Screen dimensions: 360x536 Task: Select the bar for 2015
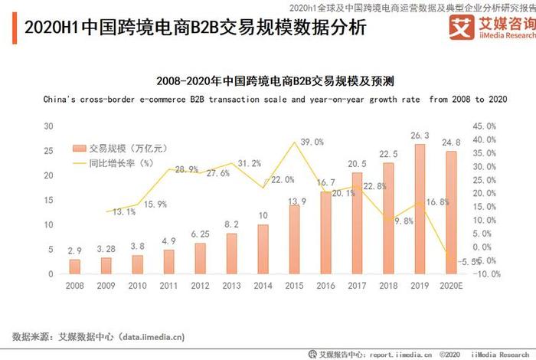coord(294,239)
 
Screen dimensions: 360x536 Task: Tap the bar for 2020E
coord(452,212)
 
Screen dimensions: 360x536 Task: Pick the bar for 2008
coord(74,266)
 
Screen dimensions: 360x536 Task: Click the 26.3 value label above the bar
coord(420,136)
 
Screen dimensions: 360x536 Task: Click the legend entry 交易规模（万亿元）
coord(115,148)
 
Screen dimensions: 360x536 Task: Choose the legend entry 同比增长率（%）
coord(115,162)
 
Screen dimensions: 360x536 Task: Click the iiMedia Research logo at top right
coord(490,28)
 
